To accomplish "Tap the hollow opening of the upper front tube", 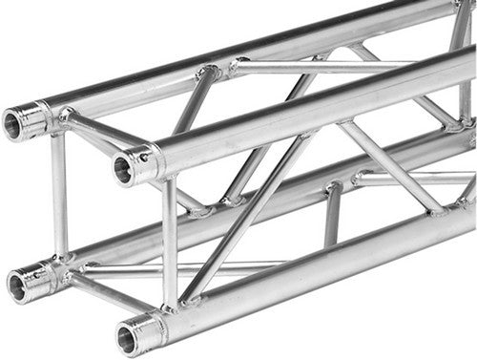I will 123,169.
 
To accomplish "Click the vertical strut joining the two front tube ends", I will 170,244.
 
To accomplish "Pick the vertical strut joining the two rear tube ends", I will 59,196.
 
